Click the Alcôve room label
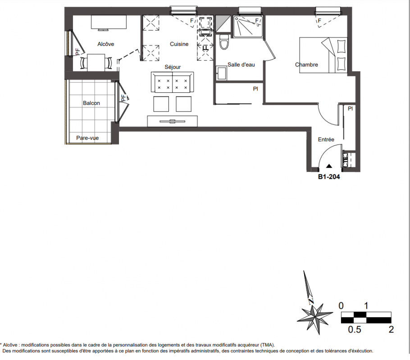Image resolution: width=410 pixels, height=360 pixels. click(x=105, y=44)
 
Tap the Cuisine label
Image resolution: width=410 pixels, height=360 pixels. click(x=179, y=44)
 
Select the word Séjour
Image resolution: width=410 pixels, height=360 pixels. click(x=173, y=67)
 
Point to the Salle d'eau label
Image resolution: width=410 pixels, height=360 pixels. click(x=241, y=65)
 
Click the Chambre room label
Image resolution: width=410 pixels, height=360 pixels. click(x=306, y=65)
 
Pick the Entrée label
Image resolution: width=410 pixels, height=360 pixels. click(x=326, y=139)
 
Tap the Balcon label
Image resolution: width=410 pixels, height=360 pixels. click(x=91, y=103)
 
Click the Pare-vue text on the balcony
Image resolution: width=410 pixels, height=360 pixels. click(x=87, y=138)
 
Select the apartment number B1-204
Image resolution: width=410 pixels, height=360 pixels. click(x=329, y=177)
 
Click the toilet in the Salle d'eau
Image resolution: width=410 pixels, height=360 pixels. click(x=224, y=42)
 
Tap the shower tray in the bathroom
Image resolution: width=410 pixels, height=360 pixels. click(x=248, y=27)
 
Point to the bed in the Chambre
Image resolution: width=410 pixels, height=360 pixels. click(x=323, y=55)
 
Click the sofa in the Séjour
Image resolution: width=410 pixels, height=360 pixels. click(x=172, y=82)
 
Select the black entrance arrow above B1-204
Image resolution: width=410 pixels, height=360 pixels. click(x=329, y=166)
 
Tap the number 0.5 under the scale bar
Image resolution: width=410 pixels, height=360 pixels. click(x=355, y=329)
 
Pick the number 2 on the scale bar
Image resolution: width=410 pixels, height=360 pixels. click(x=391, y=329)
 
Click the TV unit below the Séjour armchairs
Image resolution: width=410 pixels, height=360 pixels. click(x=172, y=121)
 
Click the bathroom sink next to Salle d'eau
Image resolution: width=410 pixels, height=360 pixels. click(x=222, y=73)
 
